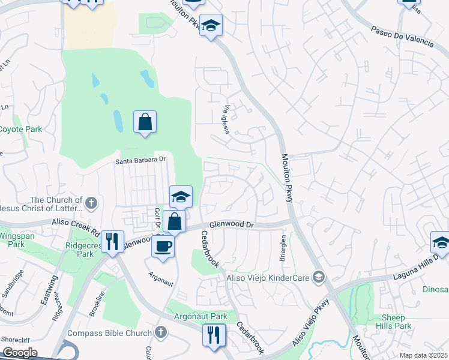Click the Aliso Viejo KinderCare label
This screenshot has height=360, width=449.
pos(268,277)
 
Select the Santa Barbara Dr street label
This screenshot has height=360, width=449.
pos(140,160)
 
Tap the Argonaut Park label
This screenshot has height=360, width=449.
pos(200,316)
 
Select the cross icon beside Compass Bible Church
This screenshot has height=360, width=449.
pos(160,332)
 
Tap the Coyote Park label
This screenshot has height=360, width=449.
pos(20,129)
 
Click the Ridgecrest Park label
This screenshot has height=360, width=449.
pos(80,249)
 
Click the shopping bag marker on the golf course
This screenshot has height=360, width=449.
pos(145,122)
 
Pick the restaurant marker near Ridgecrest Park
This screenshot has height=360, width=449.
pos(112,241)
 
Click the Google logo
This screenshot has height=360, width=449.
pos(20,353)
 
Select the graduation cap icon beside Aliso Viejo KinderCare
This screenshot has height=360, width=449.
pos(319,277)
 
